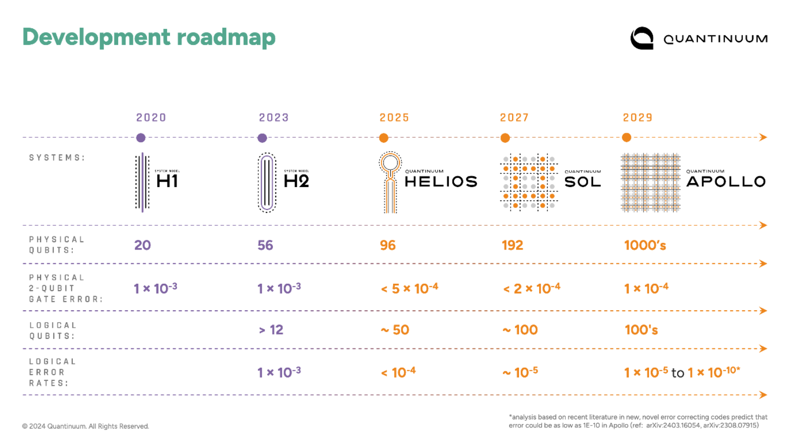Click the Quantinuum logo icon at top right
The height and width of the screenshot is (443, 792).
(642, 38)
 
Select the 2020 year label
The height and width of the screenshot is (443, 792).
(151, 118)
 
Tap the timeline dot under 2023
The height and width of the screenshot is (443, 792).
(262, 138)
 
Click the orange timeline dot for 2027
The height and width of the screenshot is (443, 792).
(505, 138)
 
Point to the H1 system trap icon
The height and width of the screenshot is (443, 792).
(142, 183)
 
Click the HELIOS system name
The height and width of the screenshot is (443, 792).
(441, 182)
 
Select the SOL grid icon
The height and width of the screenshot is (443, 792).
(529, 183)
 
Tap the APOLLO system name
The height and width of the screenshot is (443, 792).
(726, 182)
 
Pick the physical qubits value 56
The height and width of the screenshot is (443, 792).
(265, 245)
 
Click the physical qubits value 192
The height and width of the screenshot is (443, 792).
(512, 245)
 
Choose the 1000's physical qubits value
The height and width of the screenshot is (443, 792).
(645, 245)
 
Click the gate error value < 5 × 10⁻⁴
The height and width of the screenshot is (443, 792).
(410, 288)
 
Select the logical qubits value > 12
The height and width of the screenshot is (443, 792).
(271, 330)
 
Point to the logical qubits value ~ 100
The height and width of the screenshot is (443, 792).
(520, 330)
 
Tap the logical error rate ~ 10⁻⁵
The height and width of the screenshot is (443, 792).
(521, 373)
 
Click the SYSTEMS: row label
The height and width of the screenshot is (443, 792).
(57, 158)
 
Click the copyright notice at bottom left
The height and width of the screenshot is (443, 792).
(85, 426)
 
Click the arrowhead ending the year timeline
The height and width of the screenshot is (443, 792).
(763, 137)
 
